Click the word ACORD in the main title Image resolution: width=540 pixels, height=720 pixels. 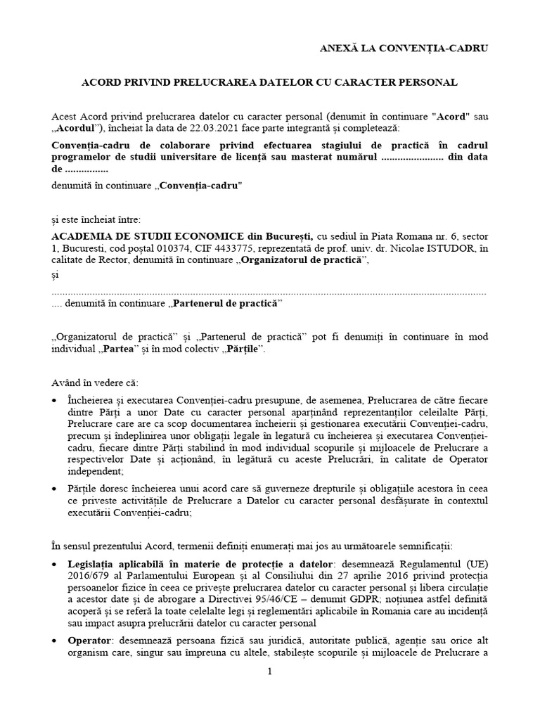click(101, 82)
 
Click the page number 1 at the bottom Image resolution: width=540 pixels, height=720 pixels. click(269, 671)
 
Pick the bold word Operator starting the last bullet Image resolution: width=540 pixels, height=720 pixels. click(89, 641)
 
